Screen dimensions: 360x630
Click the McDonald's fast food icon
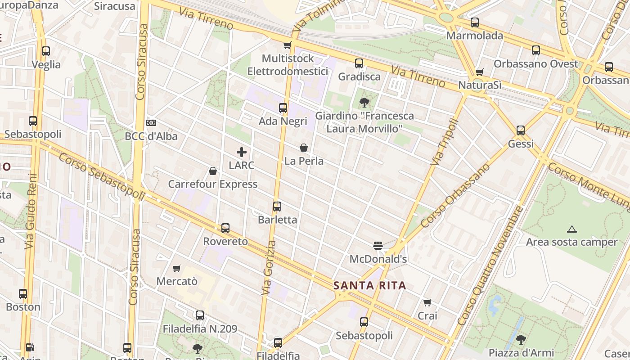coord(378,246)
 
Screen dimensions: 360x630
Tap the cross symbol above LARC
coord(242,152)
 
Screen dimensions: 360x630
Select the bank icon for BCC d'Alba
coord(151,123)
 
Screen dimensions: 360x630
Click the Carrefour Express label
coord(213,184)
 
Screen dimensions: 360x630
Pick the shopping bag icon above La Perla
coord(304,148)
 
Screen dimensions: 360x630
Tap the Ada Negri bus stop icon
coord(283,108)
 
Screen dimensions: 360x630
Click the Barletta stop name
coord(277,220)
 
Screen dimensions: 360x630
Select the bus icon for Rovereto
coord(225,228)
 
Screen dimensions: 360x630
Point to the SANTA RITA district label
coord(370,285)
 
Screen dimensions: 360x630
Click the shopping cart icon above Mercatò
coord(177,268)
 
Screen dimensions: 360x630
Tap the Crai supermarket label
coord(427,316)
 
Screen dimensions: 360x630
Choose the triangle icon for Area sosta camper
coord(572,229)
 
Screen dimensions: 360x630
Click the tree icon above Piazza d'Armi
coord(521,339)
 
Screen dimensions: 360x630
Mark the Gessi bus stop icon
coord(521,130)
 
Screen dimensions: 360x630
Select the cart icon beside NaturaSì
coord(480,72)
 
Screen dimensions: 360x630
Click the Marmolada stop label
coord(475,36)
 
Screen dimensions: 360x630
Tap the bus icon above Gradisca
coord(359,63)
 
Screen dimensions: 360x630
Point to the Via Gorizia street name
coord(269,268)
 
